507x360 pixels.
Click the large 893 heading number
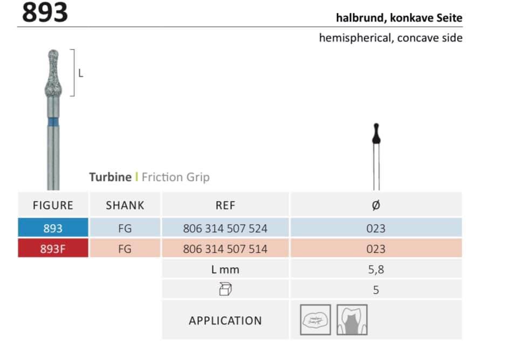tap(45, 12)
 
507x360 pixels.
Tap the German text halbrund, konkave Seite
tap(399, 17)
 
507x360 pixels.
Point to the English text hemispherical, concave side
tap(390, 38)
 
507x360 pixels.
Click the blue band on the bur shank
tap(53, 122)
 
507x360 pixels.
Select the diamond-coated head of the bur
tap(53, 73)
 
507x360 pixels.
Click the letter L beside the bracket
tap(81, 73)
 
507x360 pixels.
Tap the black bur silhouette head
tap(376, 134)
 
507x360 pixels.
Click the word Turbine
tap(110, 177)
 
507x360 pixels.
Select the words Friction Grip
tap(176, 177)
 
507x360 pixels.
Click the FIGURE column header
tap(53, 205)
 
